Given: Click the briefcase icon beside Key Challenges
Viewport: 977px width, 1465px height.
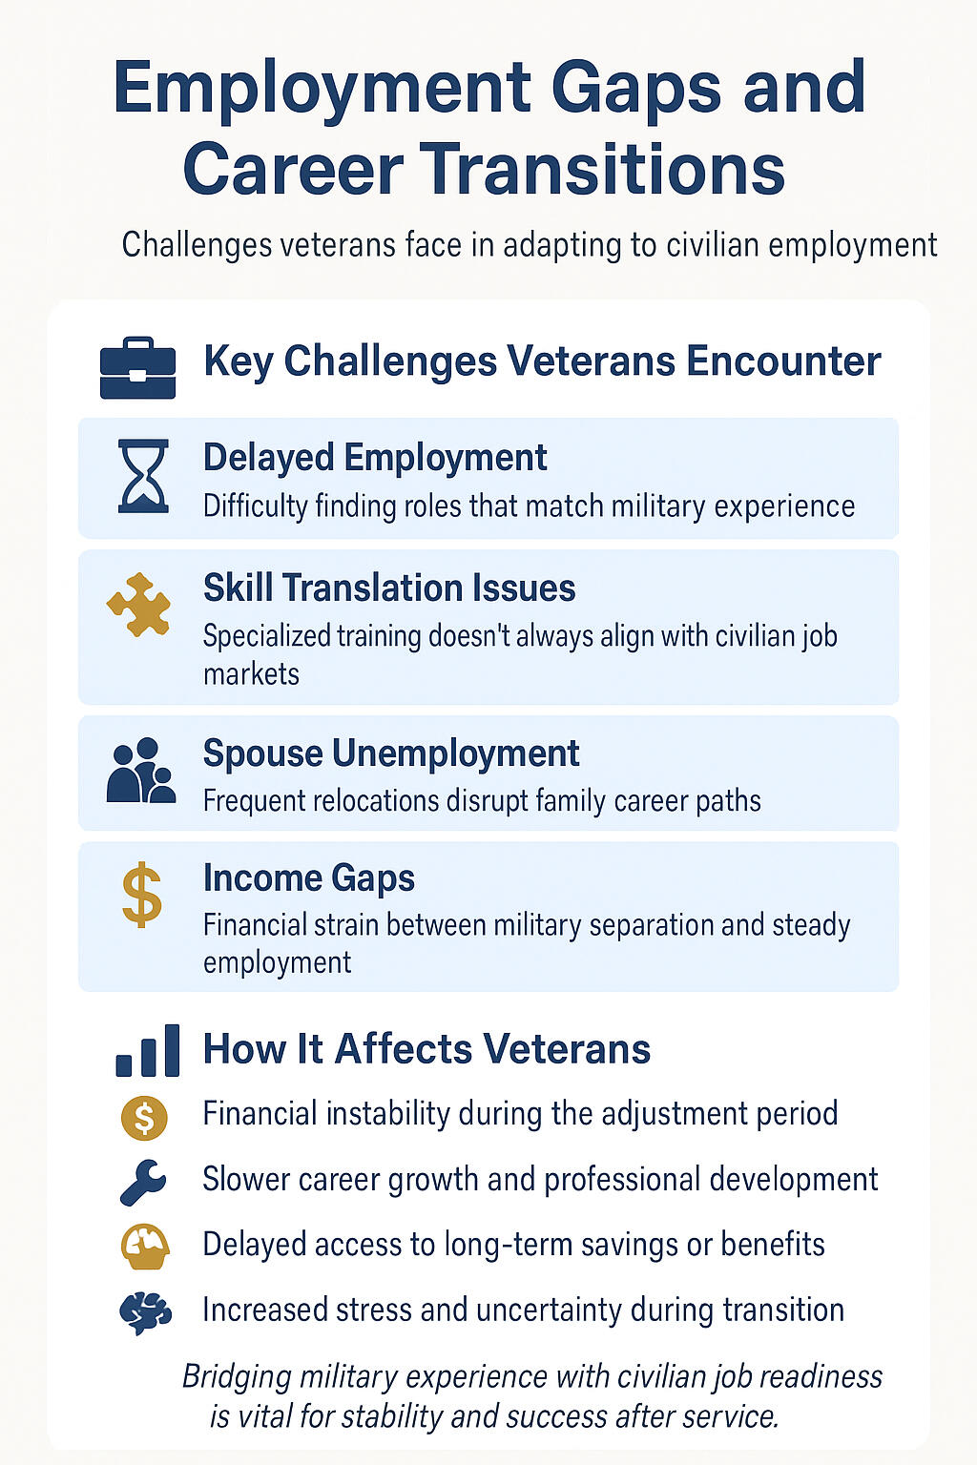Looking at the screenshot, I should [x=138, y=368].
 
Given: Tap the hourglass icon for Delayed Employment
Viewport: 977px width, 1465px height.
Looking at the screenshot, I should [x=143, y=476].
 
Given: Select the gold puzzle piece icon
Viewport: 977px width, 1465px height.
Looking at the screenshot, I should [x=139, y=605].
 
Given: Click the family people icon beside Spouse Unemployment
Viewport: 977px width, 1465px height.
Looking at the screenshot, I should [x=140, y=771].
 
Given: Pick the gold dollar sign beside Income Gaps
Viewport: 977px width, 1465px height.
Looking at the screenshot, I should [x=142, y=895].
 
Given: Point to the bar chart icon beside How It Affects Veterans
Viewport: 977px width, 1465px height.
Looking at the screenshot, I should [x=147, y=1050].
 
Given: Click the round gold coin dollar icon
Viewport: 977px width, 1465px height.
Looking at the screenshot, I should [x=144, y=1117].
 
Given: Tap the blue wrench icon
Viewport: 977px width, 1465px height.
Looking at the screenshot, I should [x=143, y=1182].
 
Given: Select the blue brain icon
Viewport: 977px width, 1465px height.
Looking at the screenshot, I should [x=145, y=1312].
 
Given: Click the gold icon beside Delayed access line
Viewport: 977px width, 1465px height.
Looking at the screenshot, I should [x=145, y=1247].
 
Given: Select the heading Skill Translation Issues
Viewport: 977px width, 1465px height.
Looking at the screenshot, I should [x=389, y=588].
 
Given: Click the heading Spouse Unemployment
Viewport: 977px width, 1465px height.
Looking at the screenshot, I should [x=390, y=753].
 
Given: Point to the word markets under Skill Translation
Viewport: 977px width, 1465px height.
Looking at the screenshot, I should [x=251, y=674].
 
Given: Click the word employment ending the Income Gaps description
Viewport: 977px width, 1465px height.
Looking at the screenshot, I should [x=277, y=962].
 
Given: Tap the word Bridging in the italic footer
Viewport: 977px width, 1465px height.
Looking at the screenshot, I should [x=237, y=1377].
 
